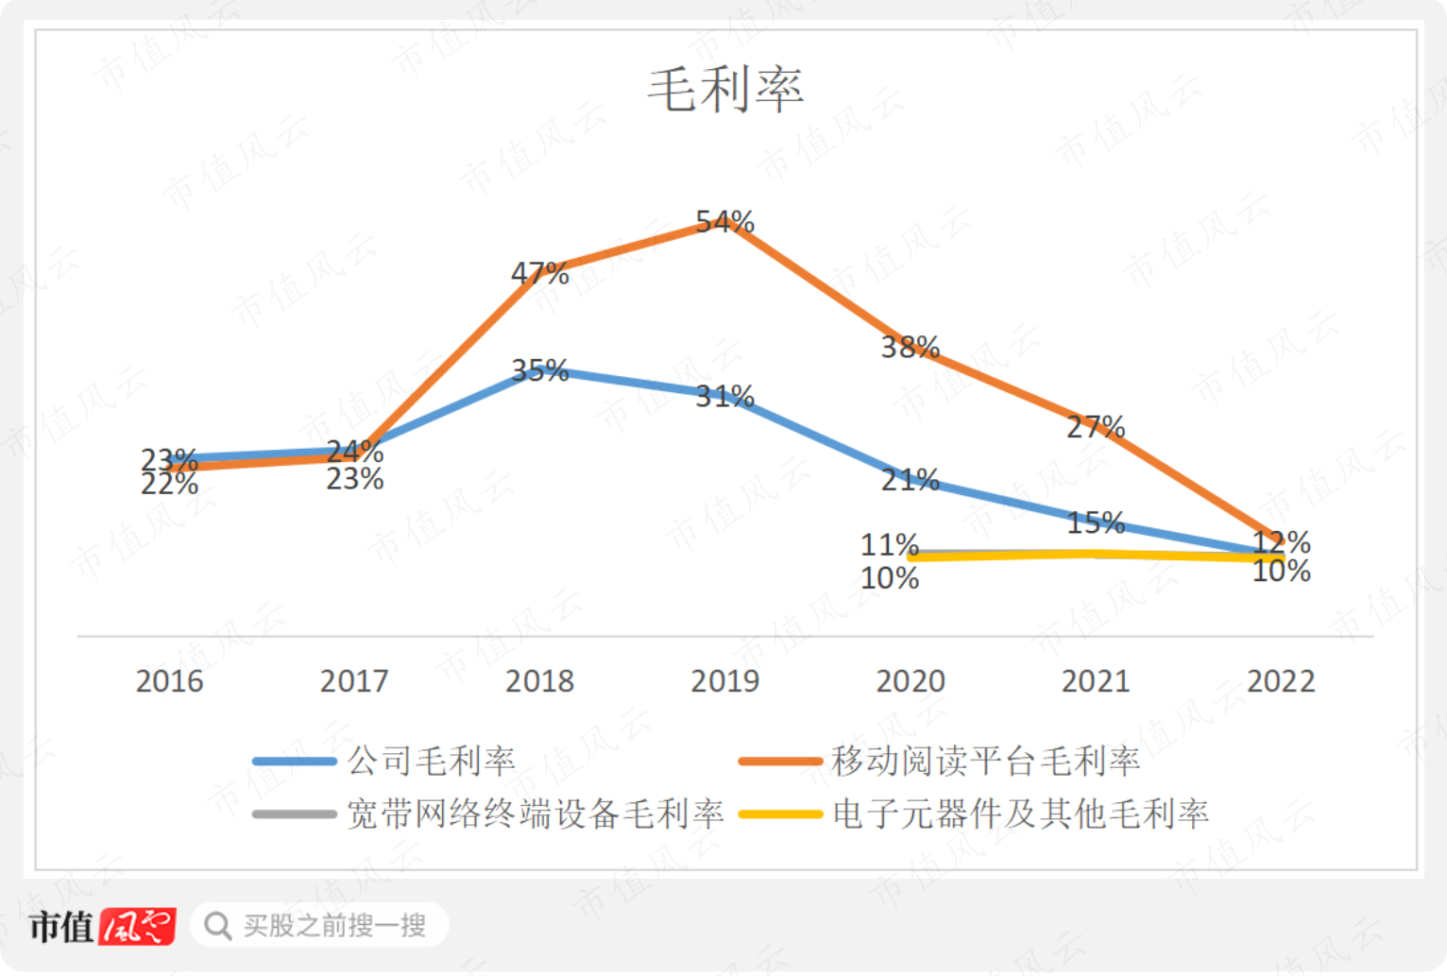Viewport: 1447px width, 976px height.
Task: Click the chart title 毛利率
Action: click(725, 90)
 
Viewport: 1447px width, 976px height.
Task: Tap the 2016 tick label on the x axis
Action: click(169, 681)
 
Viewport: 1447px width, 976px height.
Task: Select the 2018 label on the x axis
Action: click(539, 681)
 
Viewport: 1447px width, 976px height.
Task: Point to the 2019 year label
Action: click(724, 681)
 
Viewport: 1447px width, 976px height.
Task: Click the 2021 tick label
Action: click(1096, 681)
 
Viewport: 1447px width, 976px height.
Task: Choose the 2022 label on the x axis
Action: click(1281, 681)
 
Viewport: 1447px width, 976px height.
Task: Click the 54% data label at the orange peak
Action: click(724, 222)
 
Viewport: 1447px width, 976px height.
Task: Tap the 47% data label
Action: click(539, 274)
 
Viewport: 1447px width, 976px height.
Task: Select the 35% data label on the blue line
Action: click(539, 370)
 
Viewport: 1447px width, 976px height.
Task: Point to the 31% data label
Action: click(724, 396)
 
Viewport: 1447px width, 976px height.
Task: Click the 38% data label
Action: click(910, 348)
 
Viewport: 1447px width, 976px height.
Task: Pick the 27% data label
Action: click(1096, 427)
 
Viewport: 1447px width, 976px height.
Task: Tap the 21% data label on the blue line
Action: click(910, 480)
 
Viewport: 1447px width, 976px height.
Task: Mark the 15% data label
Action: click(1096, 522)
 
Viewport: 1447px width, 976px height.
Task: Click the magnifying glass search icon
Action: click(218, 926)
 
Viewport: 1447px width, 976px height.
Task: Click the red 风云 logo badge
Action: click(138, 926)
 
